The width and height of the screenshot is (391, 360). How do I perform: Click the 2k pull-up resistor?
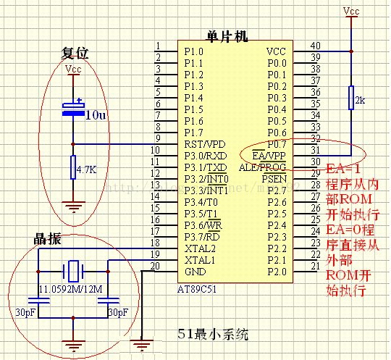(x=350, y=98)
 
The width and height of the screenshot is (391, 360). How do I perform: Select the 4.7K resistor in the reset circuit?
(x=73, y=169)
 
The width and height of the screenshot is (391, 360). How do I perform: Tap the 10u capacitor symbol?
(x=73, y=111)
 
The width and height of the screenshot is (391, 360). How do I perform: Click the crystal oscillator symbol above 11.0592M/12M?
(x=72, y=272)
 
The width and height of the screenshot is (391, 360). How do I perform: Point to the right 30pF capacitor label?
(x=118, y=312)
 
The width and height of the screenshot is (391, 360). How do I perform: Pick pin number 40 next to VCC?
(x=314, y=46)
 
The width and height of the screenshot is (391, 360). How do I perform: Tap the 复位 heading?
(x=75, y=53)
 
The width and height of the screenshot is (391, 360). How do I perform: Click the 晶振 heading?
(x=47, y=240)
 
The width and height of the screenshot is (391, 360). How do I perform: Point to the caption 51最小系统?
(x=213, y=335)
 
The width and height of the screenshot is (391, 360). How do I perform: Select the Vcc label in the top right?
(x=350, y=12)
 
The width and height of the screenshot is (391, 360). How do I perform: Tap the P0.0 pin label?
(x=277, y=63)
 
